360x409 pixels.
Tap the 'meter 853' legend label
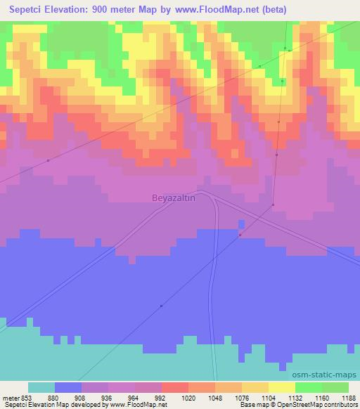(16, 397)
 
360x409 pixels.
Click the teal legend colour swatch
(41, 387)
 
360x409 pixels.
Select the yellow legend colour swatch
(282, 387)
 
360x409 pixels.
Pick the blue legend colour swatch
(68, 387)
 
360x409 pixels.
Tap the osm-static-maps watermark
(329, 375)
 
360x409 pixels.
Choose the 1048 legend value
(216, 397)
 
